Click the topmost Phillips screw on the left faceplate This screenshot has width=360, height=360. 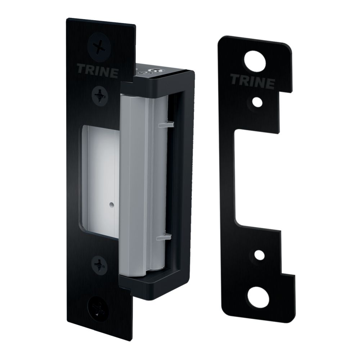tap(98, 47)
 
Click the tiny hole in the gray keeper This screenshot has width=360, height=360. tap(111, 206)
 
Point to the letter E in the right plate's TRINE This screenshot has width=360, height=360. tap(268, 83)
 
